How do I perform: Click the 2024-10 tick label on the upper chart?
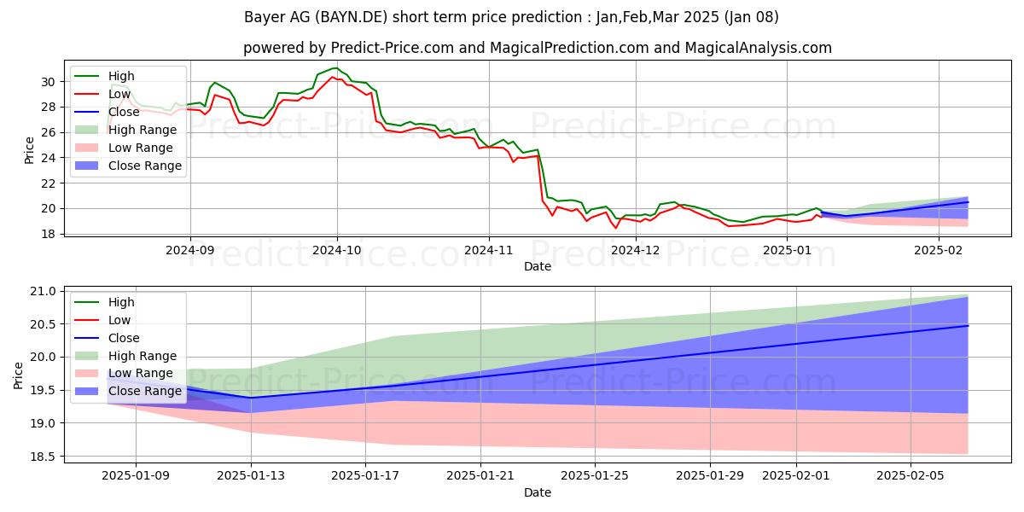(x=337, y=250)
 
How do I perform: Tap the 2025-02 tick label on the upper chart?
(x=939, y=250)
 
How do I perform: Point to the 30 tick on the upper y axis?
(x=48, y=82)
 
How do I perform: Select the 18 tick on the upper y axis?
(x=48, y=234)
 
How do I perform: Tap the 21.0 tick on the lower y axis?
(x=44, y=292)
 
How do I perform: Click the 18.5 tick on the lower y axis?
(x=44, y=457)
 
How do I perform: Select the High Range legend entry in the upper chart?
(x=143, y=130)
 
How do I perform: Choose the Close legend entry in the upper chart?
(x=123, y=112)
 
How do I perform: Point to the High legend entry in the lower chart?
(x=121, y=302)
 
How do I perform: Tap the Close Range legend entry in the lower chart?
(x=145, y=392)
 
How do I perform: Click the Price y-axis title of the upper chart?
(x=30, y=150)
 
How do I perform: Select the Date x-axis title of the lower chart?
(x=538, y=492)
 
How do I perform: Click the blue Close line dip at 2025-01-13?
(x=251, y=398)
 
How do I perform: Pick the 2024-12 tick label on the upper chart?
(x=637, y=250)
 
